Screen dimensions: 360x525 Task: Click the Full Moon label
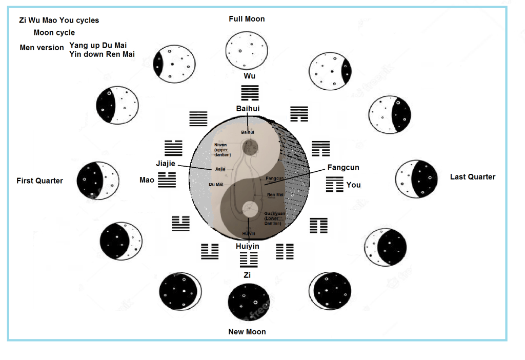(247, 19)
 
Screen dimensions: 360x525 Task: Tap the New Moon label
(247, 332)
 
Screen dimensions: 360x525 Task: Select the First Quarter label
(39, 181)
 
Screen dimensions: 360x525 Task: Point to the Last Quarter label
(473, 177)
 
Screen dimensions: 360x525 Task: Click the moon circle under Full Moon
(247, 50)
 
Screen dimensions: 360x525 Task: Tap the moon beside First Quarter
(98, 181)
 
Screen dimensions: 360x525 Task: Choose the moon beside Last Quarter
(416, 179)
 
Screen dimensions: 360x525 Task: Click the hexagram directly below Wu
(250, 93)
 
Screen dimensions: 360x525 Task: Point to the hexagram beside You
(334, 184)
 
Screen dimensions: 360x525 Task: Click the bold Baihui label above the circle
(248, 109)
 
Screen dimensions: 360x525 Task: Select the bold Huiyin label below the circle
(248, 246)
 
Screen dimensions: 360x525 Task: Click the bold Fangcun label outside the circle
(344, 168)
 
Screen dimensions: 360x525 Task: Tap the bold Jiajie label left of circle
(166, 164)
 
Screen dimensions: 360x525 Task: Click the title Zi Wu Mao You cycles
(59, 21)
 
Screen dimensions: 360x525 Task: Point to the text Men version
(42, 48)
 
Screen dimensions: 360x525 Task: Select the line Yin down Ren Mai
(102, 54)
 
